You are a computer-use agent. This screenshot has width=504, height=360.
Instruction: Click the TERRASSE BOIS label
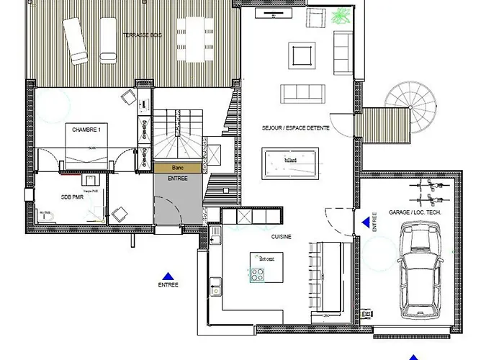click(141, 35)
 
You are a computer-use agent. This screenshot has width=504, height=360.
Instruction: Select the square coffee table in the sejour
click(302, 54)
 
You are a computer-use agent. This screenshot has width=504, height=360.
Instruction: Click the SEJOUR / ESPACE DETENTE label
click(296, 127)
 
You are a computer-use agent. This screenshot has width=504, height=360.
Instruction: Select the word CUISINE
click(282, 235)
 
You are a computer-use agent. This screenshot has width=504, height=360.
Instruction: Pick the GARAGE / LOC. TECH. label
click(415, 214)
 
